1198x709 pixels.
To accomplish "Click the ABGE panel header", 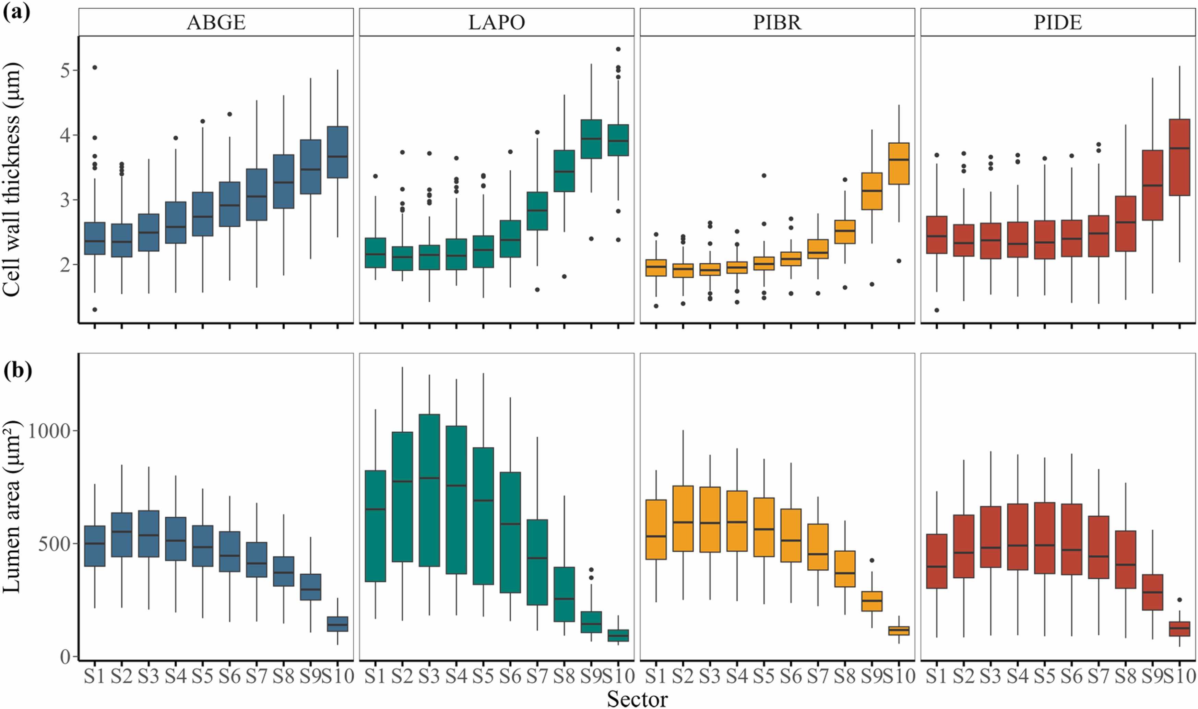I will [x=216, y=22].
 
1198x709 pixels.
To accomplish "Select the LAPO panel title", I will [x=497, y=22].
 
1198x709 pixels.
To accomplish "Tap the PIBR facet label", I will [x=777, y=22].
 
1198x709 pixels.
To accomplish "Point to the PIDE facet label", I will [x=1057, y=22].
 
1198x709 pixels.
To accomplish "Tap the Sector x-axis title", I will [x=637, y=699].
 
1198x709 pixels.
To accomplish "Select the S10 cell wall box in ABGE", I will [x=337, y=152].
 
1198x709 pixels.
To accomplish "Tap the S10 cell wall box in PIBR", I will [x=898, y=164].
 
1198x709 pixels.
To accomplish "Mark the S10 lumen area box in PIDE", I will [x=1179, y=628].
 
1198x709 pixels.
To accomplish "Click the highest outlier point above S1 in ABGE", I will [x=95, y=67].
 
